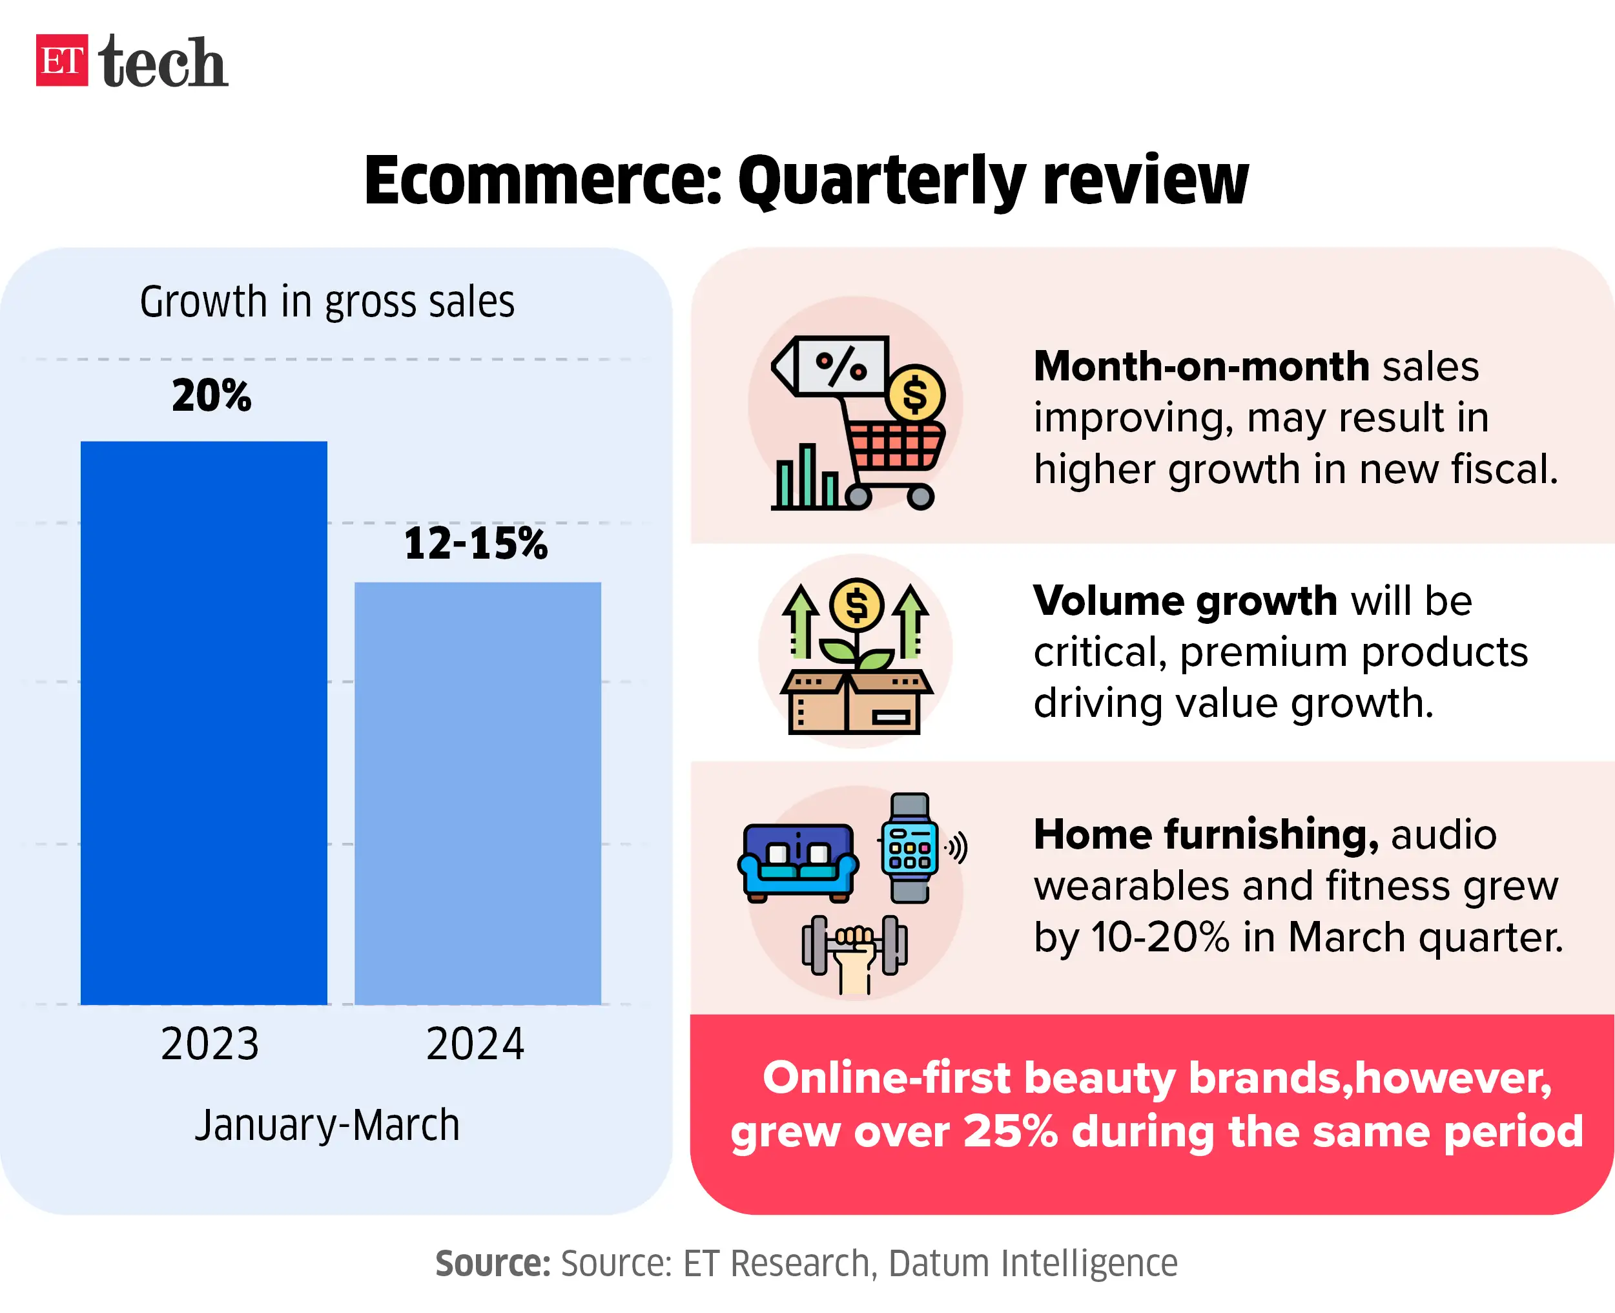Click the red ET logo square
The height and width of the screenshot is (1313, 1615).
click(61, 61)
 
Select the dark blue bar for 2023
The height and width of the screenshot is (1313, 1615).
click(203, 722)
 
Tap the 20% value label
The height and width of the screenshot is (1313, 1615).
click(211, 395)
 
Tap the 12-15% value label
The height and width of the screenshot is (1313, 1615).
click(475, 544)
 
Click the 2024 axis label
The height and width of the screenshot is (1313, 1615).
click(475, 1044)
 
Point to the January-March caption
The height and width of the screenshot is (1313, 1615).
click(327, 1126)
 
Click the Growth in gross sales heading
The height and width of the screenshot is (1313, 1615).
click(327, 302)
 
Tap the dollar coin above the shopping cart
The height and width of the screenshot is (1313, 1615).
click(915, 394)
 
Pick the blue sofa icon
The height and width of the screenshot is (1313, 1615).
click(797, 863)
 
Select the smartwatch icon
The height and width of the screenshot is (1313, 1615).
click(910, 847)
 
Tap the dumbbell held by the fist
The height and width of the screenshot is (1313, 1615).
click(854, 946)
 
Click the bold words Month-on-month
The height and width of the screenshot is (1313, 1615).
click(1200, 367)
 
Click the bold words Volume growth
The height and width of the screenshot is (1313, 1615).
click(1185, 601)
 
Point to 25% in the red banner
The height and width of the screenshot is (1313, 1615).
click(1009, 1132)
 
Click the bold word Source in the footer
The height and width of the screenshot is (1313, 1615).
click(492, 1263)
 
